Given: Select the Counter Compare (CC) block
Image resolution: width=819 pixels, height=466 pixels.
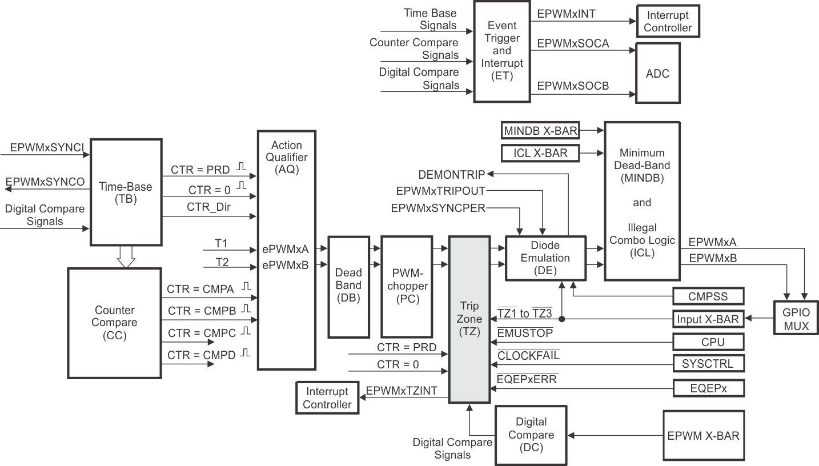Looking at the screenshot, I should pyautogui.click(x=115, y=323).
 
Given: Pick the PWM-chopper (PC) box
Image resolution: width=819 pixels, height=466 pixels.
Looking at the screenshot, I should pyautogui.click(x=407, y=287).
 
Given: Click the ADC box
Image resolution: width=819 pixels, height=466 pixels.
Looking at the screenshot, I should pyautogui.click(x=657, y=74).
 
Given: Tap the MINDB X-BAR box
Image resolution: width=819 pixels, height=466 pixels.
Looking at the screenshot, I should pyautogui.click(x=540, y=131).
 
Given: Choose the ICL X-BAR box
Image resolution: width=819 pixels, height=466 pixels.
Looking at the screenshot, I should pyautogui.click(x=540, y=153).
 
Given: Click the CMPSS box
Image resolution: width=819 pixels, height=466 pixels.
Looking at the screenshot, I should pyautogui.click(x=708, y=296).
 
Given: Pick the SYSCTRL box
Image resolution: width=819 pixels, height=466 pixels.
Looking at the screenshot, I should pyautogui.click(x=708, y=363).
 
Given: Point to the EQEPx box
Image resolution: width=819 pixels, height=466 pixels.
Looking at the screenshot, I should pyautogui.click(x=708, y=388).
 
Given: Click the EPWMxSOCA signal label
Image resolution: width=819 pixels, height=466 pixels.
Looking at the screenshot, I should pyautogui.click(x=573, y=43).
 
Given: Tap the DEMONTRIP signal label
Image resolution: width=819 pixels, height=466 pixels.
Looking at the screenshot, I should pyautogui.click(x=451, y=174).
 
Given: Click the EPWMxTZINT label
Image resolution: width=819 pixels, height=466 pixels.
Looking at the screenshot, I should pyautogui.click(x=402, y=391).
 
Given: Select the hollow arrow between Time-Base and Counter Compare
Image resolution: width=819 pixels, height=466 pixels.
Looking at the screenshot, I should pyautogui.click(x=125, y=256).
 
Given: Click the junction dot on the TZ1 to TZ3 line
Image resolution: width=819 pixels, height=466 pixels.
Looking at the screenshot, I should pyautogui.click(x=563, y=319).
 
